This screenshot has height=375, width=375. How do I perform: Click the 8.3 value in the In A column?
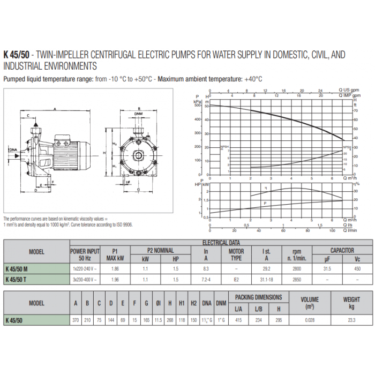pyautogui.click(x=206, y=269)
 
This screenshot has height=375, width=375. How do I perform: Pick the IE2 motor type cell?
pyautogui.click(x=236, y=279)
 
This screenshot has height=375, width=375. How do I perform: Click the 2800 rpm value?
pyautogui.click(x=297, y=269)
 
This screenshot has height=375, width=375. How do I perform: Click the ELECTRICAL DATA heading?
pyautogui.click(x=221, y=243)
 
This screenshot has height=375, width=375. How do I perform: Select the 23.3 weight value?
pyautogui.click(x=351, y=320)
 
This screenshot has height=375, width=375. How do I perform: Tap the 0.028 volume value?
pyautogui.click(x=310, y=320)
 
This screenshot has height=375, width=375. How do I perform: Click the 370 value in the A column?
pyautogui.click(x=76, y=320)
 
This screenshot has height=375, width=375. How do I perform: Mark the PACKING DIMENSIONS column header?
pyautogui.click(x=259, y=297)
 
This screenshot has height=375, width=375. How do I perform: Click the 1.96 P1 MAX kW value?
pyautogui.click(x=115, y=279)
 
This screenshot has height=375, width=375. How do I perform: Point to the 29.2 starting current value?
pyautogui.click(x=266, y=269)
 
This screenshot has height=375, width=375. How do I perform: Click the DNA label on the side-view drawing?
pyautogui.click(x=12, y=150)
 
